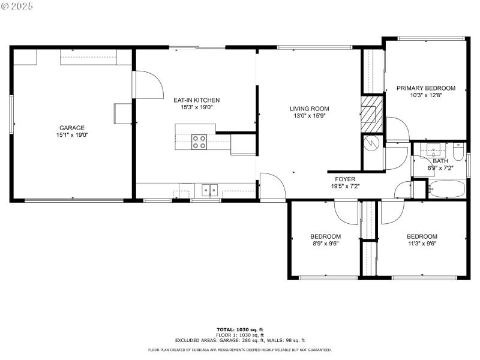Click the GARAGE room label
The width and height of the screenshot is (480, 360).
[71, 127]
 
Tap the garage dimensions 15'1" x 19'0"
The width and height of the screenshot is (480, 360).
[71, 135]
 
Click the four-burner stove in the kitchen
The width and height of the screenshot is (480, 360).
[199, 142]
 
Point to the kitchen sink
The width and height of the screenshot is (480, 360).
[209, 190]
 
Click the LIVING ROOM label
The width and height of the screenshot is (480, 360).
[309, 109]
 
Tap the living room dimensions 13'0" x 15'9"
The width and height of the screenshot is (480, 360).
[309, 116]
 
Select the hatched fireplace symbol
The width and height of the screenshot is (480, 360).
[371, 112]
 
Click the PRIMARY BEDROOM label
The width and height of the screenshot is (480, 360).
[425, 88]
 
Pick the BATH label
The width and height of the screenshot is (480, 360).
[440, 161]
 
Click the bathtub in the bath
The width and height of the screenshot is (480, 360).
[448, 190]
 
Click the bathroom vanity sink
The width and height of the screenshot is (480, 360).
[432, 149]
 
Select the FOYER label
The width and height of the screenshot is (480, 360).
[345, 179]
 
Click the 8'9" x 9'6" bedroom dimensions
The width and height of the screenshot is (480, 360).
[325, 244]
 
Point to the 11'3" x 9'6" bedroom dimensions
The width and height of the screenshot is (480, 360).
[422, 244]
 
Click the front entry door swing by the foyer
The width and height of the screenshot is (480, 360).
[269, 185]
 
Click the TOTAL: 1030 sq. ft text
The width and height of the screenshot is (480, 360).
[239, 329]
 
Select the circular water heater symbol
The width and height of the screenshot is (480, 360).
[371, 143]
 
